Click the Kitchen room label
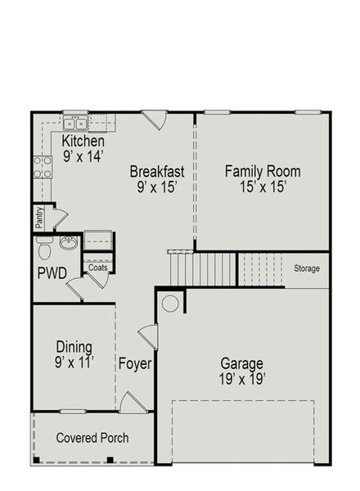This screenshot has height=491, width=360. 83,142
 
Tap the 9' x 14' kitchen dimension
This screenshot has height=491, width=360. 83,155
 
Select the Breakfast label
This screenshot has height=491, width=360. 157,172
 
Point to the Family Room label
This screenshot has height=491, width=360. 263,172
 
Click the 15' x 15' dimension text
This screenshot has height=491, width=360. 263,187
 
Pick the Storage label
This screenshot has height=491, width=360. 307,268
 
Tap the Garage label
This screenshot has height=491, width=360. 241,363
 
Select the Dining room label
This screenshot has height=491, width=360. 74,346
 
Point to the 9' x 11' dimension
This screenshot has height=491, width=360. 74,361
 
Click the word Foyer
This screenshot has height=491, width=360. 135,363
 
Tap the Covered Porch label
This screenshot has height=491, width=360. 92,438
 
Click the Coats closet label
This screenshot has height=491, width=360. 98,267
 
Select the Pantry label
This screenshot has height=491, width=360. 38,218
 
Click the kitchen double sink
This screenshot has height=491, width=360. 75,124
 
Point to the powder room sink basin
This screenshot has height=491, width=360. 69,243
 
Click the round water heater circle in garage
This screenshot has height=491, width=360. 170,304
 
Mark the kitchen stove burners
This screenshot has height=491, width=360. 41,166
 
